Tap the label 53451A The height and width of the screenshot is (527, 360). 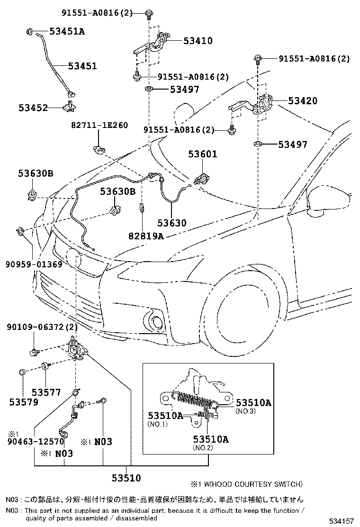pos(68,32)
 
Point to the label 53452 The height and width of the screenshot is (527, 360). pos(34,108)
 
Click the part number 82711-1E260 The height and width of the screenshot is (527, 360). pos(99,126)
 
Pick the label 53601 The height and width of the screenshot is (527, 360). pos(202,154)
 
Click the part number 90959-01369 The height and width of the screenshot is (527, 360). pos(34,264)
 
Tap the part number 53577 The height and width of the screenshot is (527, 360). pos(46,392)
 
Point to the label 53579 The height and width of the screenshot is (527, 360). pos(24,402)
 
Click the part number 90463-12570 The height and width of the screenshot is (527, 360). pos(36,442)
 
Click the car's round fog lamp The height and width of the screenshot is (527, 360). pos(156,323)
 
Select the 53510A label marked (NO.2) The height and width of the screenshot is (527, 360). pos(210,439)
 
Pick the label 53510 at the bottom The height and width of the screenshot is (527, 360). pos(126,478)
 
